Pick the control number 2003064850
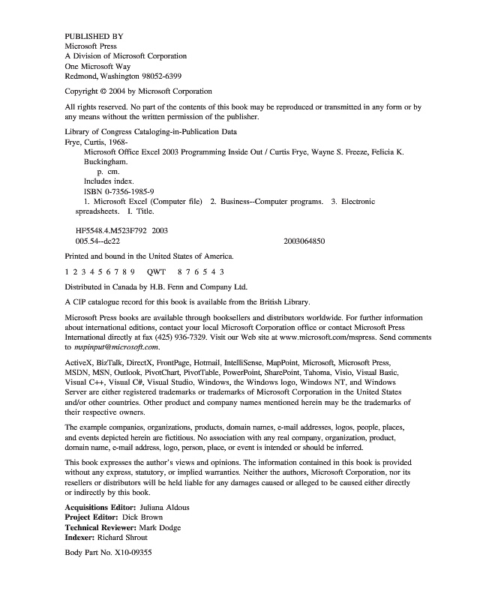(304, 242)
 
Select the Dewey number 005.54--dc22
(98, 242)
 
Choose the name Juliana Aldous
(161, 507)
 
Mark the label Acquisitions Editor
(96, 507)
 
